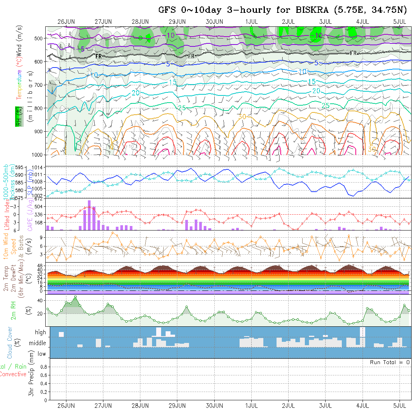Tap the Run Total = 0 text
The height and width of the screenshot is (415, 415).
[390, 362]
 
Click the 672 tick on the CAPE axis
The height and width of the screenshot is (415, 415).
[40, 199]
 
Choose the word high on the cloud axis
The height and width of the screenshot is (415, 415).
[41, 332]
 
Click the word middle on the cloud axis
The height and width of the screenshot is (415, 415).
[38, 343]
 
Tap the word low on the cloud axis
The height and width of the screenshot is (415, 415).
[42, 354]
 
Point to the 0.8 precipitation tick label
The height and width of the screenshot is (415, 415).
[43, 367]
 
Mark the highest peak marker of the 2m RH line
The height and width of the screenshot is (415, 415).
[75, 297]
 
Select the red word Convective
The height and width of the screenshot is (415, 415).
[13, 374]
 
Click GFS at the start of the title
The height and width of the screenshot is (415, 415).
[167, 10]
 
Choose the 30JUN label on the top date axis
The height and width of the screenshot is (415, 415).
[214, 22]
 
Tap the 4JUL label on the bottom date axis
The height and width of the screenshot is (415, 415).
[363, 406]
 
